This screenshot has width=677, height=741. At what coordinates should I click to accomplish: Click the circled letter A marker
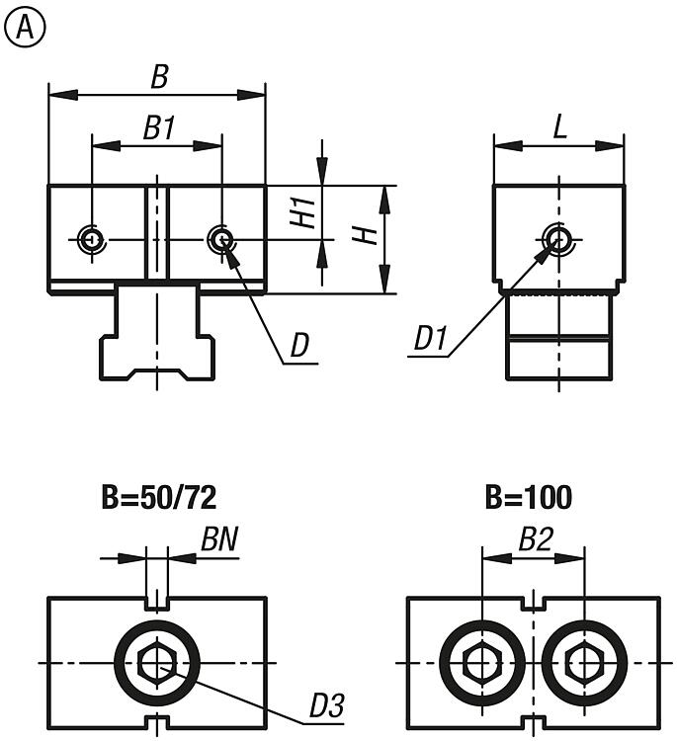(25, 31)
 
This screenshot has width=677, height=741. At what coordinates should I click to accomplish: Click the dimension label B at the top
(158, 77)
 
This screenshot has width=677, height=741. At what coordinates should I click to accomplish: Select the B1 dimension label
(158, 127)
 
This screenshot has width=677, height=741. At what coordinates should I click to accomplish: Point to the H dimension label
(365, 236)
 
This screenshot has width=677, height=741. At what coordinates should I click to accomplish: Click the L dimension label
(559, 127)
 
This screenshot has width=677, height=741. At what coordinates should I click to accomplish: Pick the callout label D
(299, 345)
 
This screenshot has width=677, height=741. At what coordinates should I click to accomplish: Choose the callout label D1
(432, 340)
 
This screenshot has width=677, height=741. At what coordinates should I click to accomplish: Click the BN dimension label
(219, 539)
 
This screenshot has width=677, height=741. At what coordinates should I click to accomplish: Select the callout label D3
(325, 705)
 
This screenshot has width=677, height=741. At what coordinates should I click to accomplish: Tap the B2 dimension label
(535, 539)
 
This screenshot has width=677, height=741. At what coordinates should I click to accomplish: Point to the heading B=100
(529, 497)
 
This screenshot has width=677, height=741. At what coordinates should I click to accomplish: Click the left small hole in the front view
(91, 238)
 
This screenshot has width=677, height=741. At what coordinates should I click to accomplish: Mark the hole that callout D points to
(220, 238)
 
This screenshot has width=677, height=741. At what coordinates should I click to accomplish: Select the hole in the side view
(557, 238)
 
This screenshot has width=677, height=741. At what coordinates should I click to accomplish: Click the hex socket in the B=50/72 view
(157, 661)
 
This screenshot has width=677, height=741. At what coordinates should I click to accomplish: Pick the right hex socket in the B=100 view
(583, 661)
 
